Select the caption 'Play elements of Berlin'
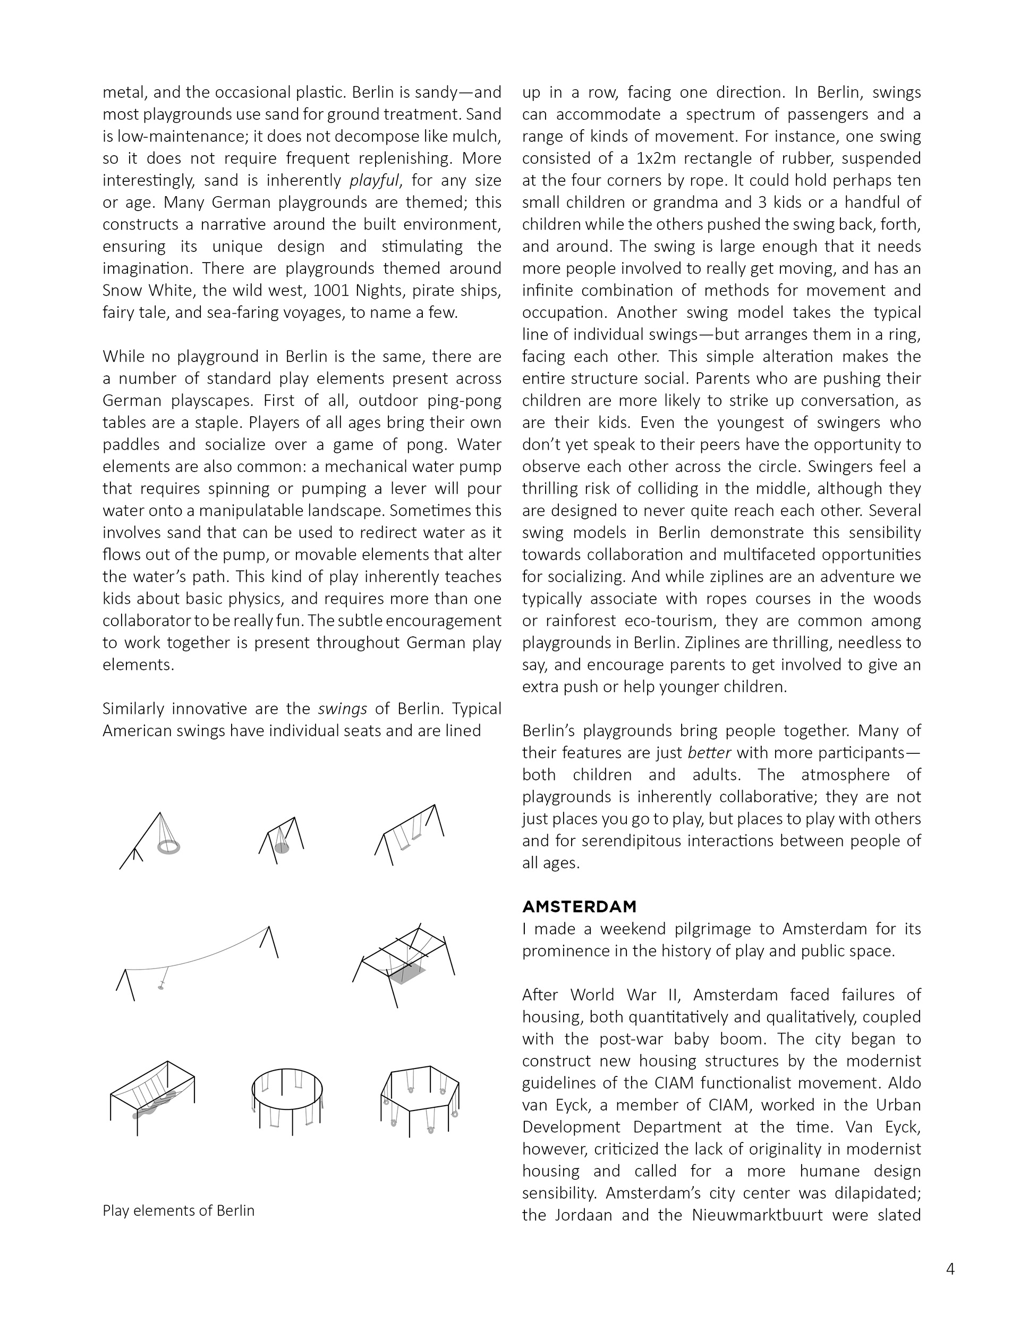[x=178, y=1210]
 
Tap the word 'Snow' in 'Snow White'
[x=122, y=290]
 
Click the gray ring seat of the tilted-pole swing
[x=169, y=847]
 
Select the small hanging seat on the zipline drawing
[x=161, y=988]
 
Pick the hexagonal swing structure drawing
[x=420, y=1098]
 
